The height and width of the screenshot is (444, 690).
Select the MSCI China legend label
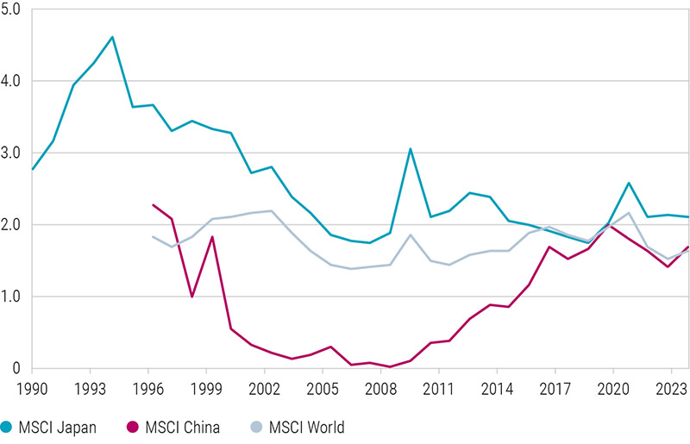(x=180, y=427)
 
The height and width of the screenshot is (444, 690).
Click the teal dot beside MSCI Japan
(x=8, y=427)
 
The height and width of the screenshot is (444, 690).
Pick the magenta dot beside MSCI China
(x=132, y=427)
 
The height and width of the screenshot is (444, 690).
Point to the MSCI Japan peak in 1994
(x=113, y=37)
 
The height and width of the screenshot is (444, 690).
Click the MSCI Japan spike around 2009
(x=410, y=148)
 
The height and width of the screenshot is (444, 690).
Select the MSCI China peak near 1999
(x=212, y=237)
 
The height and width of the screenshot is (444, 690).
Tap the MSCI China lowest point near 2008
(x=390, y=367)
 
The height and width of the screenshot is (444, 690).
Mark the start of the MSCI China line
(x=153, y=205)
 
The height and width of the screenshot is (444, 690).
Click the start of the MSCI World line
(x=153, y=236)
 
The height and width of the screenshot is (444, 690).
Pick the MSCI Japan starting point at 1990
(x=33, y=169)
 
